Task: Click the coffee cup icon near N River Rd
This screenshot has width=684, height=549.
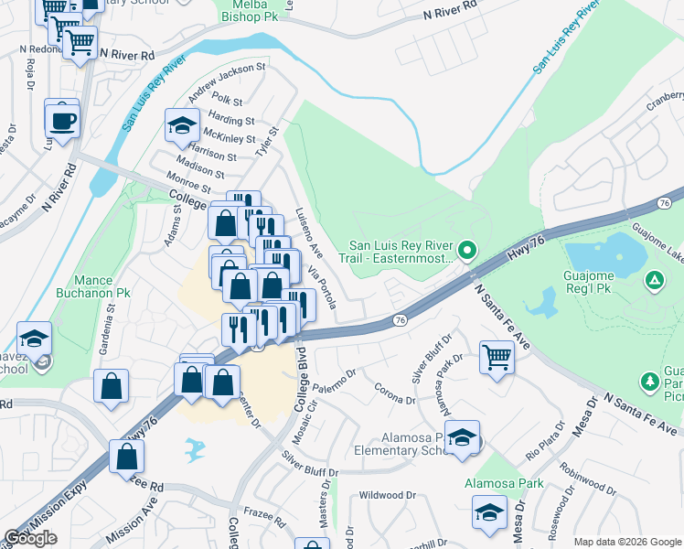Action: (61, 121)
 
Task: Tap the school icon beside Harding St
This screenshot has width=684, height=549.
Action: (182, 126)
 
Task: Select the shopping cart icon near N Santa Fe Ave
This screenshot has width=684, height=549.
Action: (496, 355)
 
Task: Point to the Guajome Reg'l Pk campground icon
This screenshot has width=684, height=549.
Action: (655, 279)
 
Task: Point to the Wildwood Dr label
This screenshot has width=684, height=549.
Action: (387, 495)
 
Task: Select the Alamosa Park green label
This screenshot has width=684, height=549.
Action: (503, 483)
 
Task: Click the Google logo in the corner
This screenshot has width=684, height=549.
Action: (30, 538)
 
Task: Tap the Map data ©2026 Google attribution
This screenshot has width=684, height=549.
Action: (626, 542)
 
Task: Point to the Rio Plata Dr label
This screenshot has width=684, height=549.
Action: (545, 441)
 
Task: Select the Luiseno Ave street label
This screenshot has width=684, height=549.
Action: (308, 232)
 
